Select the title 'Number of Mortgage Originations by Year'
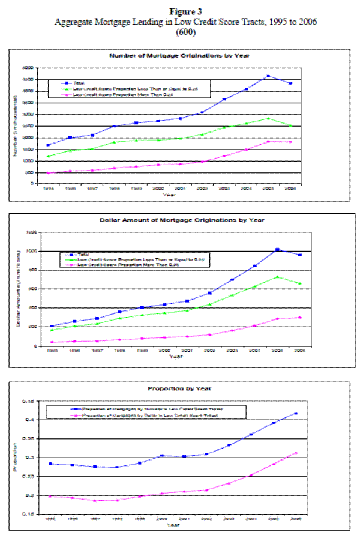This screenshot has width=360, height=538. [x=179, y=55]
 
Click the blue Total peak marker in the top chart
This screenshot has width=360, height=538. [x=268, y=76]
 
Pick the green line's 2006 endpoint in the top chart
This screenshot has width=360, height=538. [x=291, y=125]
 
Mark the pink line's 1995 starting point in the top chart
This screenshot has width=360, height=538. [x=47, y=173]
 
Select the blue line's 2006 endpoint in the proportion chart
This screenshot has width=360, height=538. [x=295, y=413]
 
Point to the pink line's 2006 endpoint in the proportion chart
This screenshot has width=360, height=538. [x=295, y=453]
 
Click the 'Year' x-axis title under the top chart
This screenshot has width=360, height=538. [x=172, y=195]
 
